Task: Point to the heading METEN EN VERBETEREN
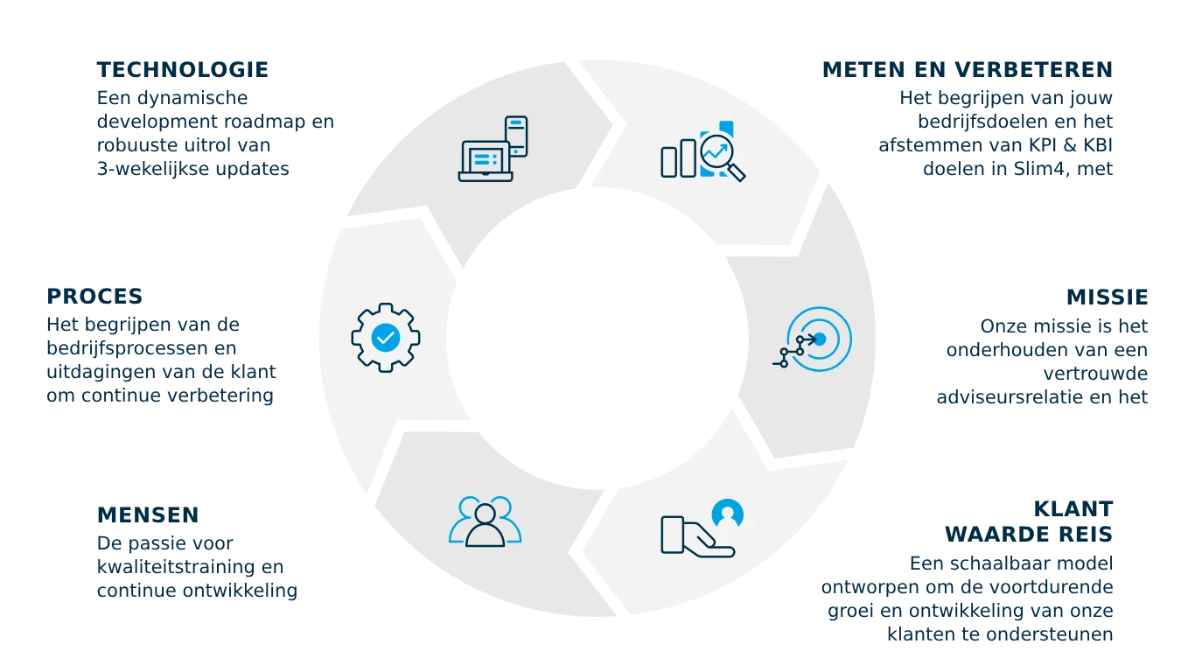[x=966, y=68]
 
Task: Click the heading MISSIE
[x=1106, y=297]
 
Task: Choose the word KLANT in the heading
[x=1073, y=508]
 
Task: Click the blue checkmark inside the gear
[x=386, y=337]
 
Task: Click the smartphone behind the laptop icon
[x=517, y=136]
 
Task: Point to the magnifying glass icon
[x=723, y=156]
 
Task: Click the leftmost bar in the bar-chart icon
[x=670, y=162]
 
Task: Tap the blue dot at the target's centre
[x=820, y=339]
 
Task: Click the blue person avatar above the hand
[x=728, y=514]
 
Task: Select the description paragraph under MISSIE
[x=1042, y=361]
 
